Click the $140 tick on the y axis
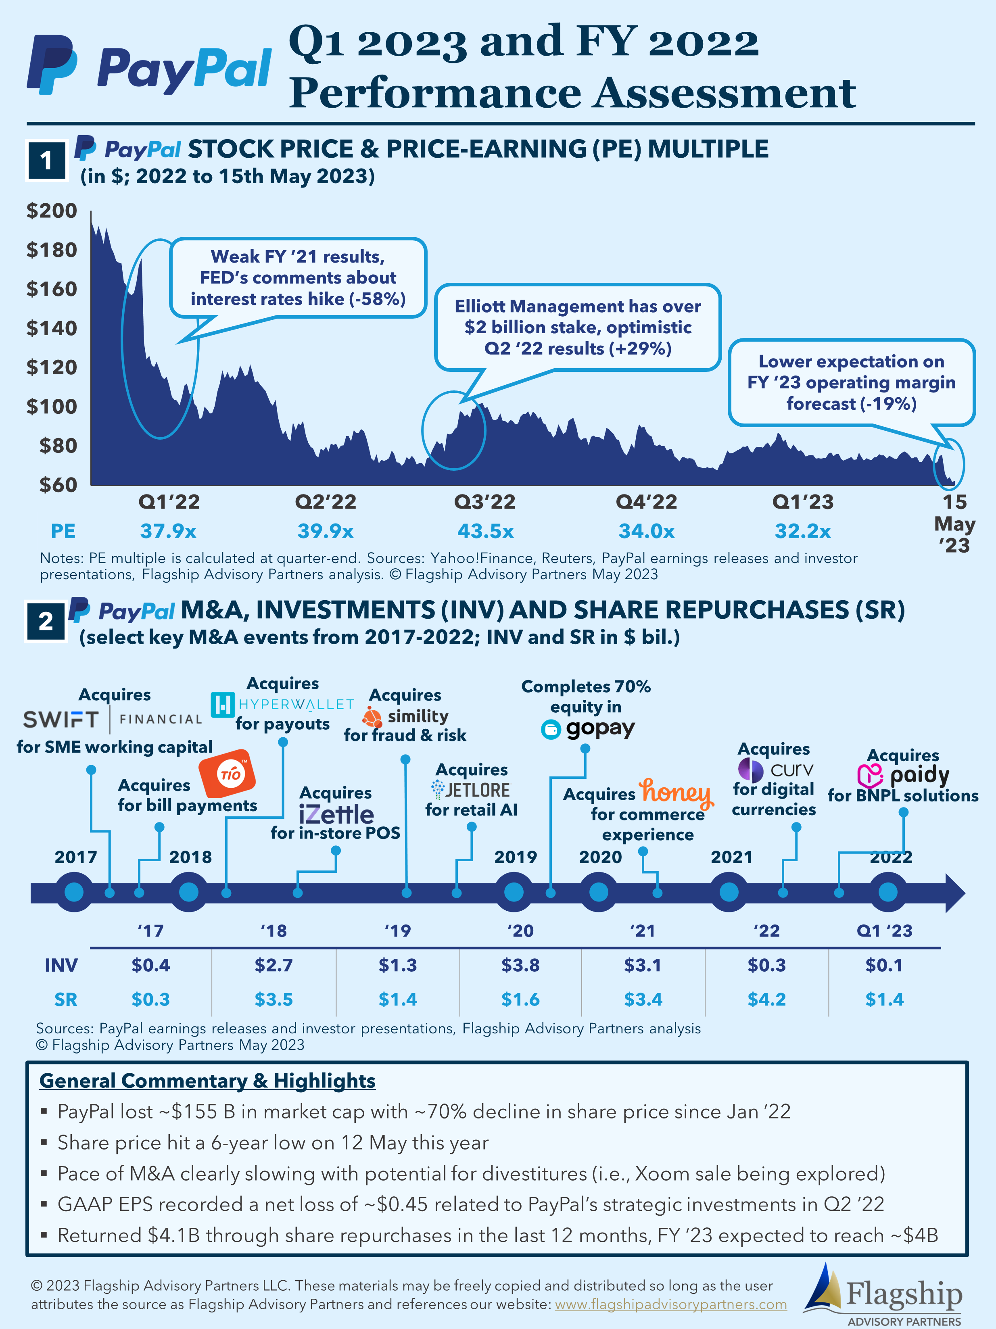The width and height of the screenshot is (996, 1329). pos(52,328)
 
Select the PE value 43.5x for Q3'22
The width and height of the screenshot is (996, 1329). pos(485,531)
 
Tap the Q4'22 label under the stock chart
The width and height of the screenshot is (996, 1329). pos(646,502)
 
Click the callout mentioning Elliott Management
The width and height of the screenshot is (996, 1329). pos(577,328)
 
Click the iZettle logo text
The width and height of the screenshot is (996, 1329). pos(336,815)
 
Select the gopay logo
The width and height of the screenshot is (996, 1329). pos(587,729)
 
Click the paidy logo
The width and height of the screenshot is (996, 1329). pos(903,775)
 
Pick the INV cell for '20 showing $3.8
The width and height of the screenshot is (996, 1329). pos(520,965)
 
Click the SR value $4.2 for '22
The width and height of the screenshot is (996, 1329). pos(766,999)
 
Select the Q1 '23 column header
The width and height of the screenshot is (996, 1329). pos(884,931)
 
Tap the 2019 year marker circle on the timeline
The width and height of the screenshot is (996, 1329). pos(514,892)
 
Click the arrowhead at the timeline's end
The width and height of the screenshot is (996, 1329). pos(954,893)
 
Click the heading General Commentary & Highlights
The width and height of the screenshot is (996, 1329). pos(207,1081)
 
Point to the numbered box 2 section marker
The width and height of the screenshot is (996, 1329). pos(46,621)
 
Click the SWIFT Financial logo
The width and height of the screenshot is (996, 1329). pos(113,719)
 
